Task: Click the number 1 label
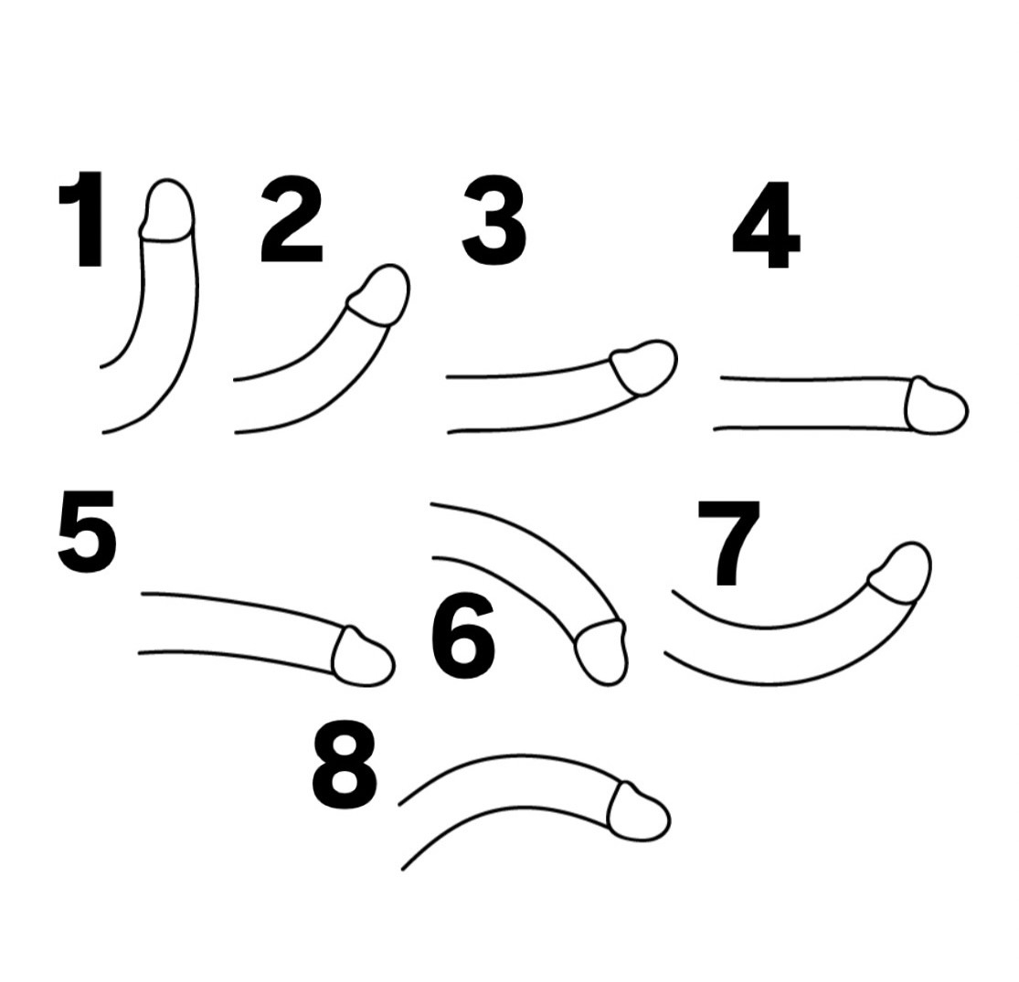(83, 219)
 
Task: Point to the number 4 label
(766, 225)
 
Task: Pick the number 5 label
(87, 532)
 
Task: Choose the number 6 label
(462, 638)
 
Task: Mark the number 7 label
(728, 544)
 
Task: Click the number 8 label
(345, 766)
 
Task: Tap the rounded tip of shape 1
(167, 210)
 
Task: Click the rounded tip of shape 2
(379, 295)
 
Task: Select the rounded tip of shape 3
(644, 366)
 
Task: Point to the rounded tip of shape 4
(937, 404)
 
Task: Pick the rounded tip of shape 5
(363, 657)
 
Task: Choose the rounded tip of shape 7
(900, 572)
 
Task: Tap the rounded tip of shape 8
(639, 811)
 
